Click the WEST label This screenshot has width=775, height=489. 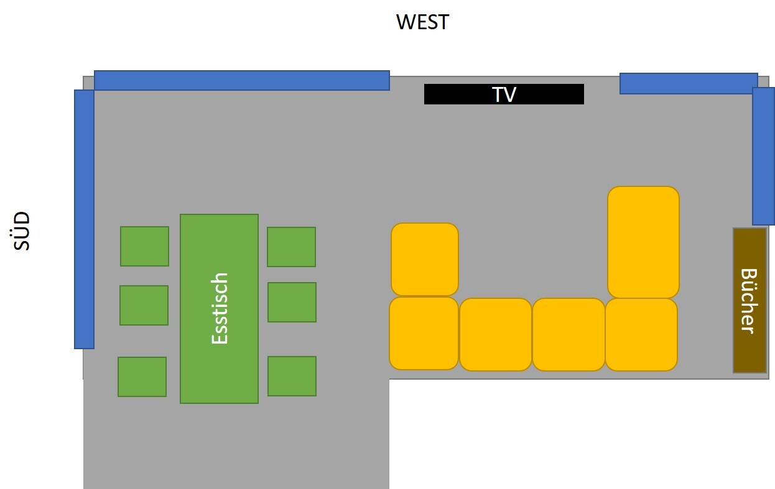click(x=422, y=22)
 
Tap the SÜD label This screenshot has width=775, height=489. click(x=22, y=231)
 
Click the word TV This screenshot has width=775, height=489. click(x=504, y=94)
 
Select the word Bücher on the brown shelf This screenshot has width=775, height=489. click(x=748, y=301)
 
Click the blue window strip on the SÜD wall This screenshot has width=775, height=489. click(x=84, y=219)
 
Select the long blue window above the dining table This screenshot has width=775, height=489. click(x=241, y=81)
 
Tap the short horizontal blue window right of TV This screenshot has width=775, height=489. click(x=688, y=83)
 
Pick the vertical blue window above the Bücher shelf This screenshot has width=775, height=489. click(x=763, y=156)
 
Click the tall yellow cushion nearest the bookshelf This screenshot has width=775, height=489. click(x=643, y=242)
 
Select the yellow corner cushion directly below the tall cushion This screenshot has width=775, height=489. click(x=641, y=334)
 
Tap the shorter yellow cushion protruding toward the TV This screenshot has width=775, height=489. click(x=425, y=259)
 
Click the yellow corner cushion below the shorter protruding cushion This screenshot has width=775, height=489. click(x=424, y=333)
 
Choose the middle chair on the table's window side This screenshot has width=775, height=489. click(x=144, y=305)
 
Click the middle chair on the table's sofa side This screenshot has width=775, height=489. click(x=292, y=302)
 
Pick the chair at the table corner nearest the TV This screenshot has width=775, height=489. click(x=291, y=247)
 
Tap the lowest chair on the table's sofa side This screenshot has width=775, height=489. click(x=292, y=376)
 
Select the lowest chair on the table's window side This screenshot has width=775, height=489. click(x=142, y=377)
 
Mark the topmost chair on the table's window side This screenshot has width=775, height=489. click(x=144, y=246)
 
